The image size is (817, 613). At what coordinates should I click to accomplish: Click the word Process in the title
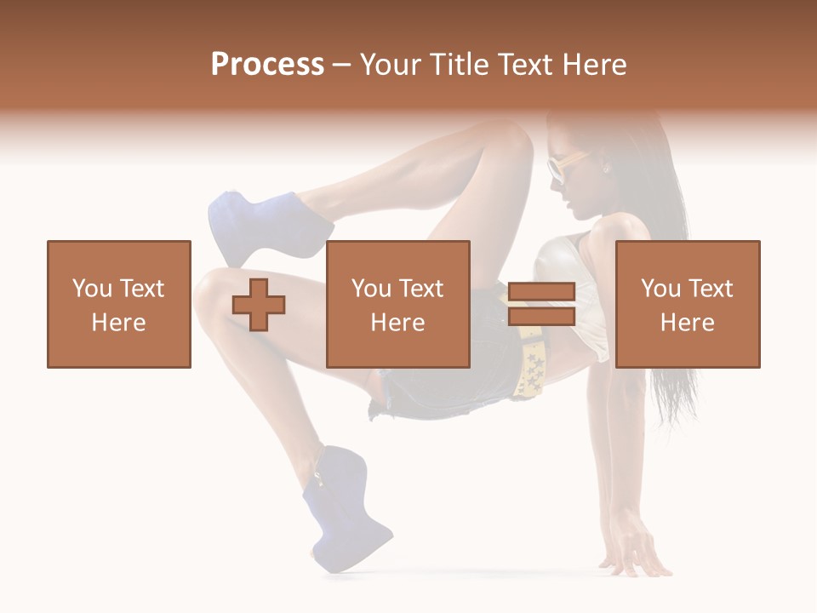tap(267, 64)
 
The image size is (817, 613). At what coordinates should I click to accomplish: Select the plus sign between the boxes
tap(259, 304)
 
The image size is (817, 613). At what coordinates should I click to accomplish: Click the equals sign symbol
tap(541, 304)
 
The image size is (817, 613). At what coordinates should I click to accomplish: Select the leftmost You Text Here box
tap(119, 304)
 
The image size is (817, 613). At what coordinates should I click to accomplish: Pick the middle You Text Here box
tap(398, 304)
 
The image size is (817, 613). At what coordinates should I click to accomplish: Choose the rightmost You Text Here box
tap(688, 304)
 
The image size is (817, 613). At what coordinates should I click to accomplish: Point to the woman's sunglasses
tap(557, 168)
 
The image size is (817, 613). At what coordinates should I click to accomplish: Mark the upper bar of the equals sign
tap(541, 292)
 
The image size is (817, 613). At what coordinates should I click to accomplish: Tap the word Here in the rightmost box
tap(688, 323)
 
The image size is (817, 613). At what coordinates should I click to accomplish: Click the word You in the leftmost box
tap(91, 289)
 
